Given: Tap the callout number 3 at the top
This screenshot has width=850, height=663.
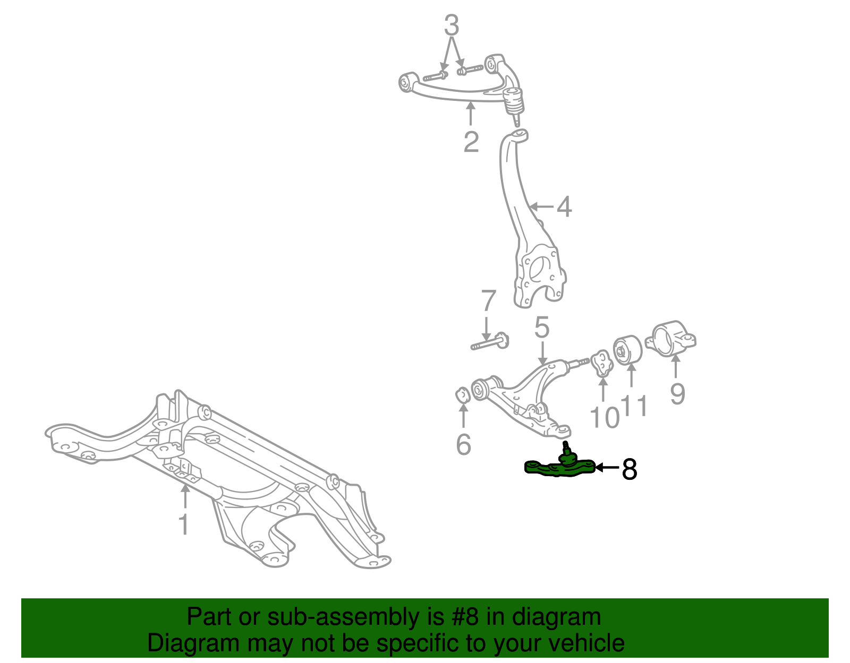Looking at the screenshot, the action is click(x=452, y=25).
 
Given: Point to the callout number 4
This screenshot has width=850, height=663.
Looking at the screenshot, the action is click(x=564, y=206).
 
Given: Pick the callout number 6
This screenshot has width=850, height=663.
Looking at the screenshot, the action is click(x=464, y=444).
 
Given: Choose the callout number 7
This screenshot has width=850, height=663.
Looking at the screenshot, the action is click(x=489, y=300).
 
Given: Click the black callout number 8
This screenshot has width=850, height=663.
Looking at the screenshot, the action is click(x=630, y=469).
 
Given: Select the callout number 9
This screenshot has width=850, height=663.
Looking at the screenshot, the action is click(x=677, y=393).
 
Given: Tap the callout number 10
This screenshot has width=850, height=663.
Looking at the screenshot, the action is click(x=605, y=417).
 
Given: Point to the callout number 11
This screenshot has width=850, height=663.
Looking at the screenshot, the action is click(x=634, y=406).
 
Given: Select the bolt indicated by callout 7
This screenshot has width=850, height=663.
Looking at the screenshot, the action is click(x=489, y=342).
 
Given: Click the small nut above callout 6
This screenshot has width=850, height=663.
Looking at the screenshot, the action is click(x=463, y=394).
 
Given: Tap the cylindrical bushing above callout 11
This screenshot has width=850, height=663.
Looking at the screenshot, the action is click(x=627, y=350).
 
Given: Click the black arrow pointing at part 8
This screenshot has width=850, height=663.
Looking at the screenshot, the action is click(x=607, y=467).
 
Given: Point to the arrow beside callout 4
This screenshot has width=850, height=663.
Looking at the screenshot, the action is click(x=541, y=206).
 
